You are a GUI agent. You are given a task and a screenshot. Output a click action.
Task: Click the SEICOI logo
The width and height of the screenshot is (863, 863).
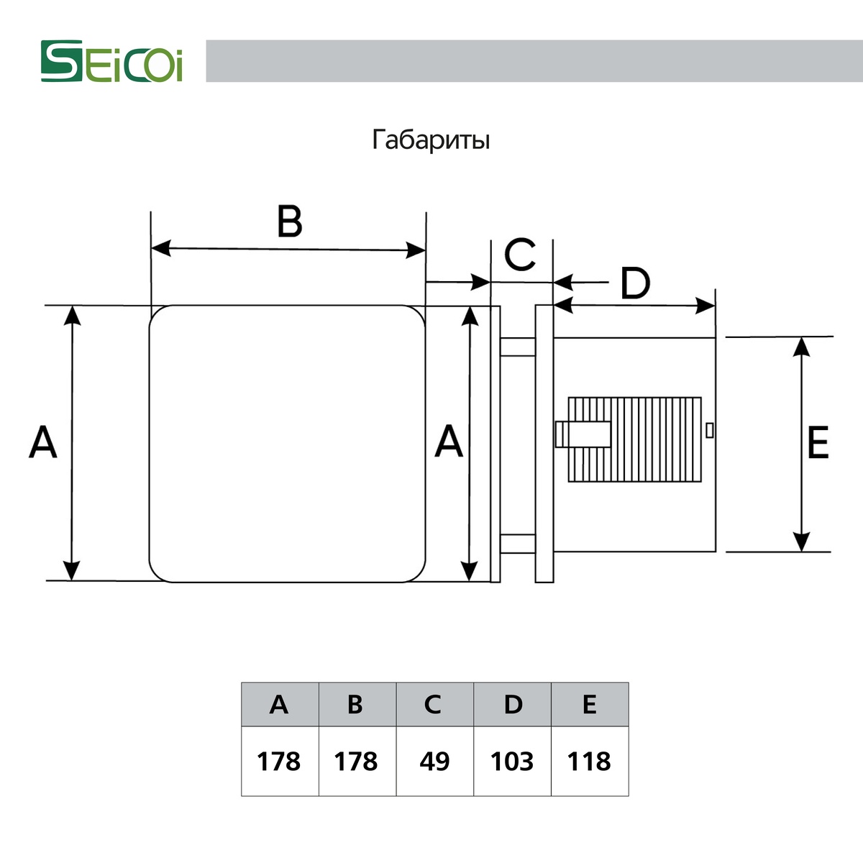click(x=111, y=61)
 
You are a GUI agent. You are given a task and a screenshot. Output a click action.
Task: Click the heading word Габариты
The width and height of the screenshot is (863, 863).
click(x=431, y=140)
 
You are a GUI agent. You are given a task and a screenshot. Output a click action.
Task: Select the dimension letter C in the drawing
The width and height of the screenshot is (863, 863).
click(x=520, y=255)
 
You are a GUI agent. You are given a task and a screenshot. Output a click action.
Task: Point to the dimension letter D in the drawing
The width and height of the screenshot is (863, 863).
click(x=635, y=283)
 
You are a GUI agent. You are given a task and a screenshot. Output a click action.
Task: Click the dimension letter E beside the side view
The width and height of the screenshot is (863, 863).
click(x=818, y=442)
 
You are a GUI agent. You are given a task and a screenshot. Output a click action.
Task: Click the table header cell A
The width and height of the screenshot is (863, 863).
click(x=280, y=704)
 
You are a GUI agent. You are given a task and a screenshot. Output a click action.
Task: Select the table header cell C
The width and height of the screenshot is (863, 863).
click(x=435, y=704)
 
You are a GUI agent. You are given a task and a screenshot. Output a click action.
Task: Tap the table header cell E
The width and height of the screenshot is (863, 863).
click(x=590, y=704)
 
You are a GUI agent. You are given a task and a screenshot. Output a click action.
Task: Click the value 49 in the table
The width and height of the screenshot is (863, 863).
click(x=434, y=761)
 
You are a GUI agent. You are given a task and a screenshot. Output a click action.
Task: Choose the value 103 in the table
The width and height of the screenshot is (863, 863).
click(x=512, y=761)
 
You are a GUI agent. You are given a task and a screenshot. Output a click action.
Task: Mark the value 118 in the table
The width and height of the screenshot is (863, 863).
click(x=589, y=761)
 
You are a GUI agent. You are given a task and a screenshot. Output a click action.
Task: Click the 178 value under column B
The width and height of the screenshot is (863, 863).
click(x=356, y=761)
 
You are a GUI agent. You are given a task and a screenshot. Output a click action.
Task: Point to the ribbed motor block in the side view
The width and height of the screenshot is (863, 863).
click(x=634, y=439)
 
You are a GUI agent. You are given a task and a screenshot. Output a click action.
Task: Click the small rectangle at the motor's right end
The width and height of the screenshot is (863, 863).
click(x=709, y=430)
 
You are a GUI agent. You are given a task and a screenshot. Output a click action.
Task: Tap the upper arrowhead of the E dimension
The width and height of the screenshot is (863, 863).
click(x=801, y=347)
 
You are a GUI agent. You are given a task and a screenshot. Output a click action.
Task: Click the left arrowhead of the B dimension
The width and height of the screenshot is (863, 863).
click(x=161, y=248)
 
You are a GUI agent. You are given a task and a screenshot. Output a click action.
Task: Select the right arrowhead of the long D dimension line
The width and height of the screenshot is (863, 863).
click(x=705, y=306)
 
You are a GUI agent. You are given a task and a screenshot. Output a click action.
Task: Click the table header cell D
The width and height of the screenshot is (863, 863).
click(x=512, y=704)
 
